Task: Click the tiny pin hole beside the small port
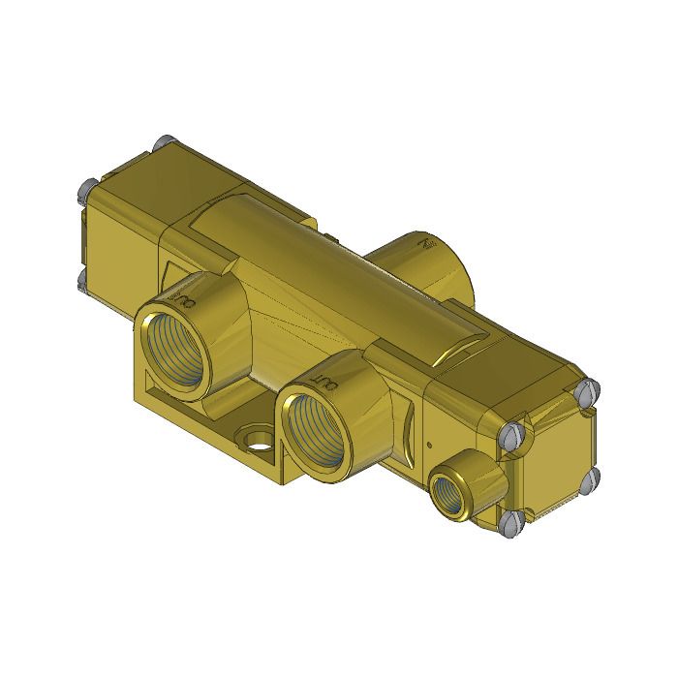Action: click(x=428, y=448)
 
